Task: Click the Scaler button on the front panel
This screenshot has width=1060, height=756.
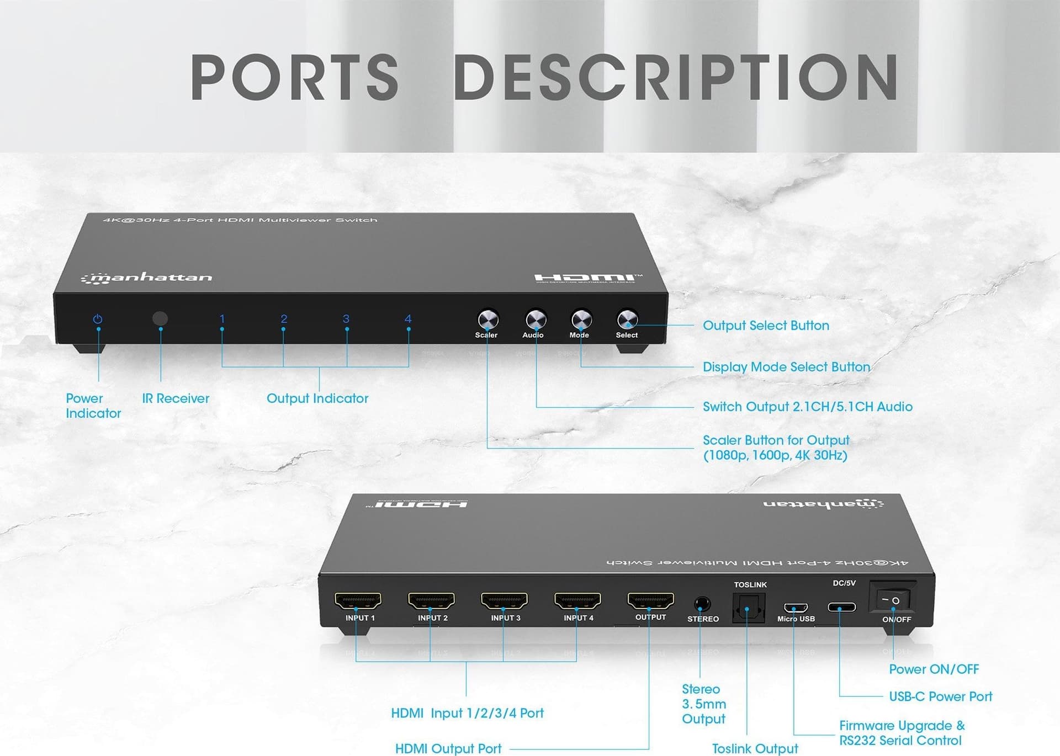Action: click(488, 319)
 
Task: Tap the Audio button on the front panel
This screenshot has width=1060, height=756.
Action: click(536, 319)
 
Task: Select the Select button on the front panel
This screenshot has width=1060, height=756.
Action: click(627, 319)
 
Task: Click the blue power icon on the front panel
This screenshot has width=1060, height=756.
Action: click(98, 319)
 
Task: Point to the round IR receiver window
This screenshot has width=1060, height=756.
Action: click(160, 318)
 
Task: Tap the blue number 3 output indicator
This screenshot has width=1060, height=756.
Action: click(346, 319)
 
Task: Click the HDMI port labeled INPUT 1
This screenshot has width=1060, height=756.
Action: click(358, 600)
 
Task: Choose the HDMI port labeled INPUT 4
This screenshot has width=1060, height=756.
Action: click(577, 600)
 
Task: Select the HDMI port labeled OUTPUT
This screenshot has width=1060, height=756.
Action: click(650, 600)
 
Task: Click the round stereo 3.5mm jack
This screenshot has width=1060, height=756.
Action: click(702, 604)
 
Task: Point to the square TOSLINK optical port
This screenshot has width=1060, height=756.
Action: click(749, 608)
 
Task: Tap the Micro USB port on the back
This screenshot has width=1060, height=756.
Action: click(796, 608)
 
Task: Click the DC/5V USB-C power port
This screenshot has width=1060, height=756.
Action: click(841, 608)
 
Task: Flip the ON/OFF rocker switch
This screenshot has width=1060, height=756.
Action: click(890, 600)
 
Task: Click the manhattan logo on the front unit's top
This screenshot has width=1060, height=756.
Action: click(147, 278)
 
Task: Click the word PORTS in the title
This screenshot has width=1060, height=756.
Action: click(294, 77)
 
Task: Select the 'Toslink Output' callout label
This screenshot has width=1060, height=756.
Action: click(755, 749)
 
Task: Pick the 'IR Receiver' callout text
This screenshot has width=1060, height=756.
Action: click(176, 398)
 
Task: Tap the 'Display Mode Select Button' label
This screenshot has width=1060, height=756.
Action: click(786, 367)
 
